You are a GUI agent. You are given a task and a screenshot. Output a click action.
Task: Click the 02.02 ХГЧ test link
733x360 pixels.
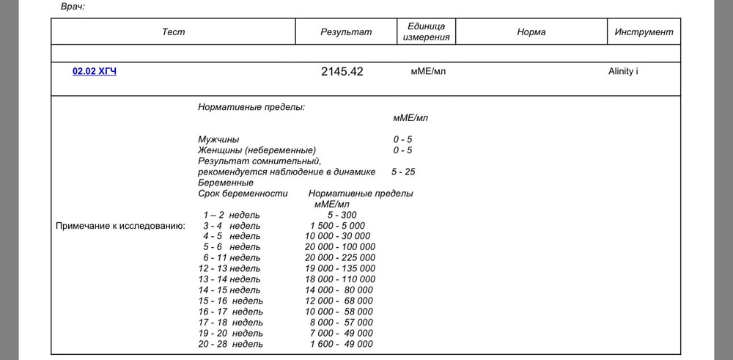pos(94,72)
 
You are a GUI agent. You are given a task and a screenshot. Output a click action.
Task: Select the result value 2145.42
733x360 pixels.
pos(342,72)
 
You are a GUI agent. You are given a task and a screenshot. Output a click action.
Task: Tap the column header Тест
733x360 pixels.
pos(174,32)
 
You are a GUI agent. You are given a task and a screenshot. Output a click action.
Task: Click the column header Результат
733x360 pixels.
pos(346,32)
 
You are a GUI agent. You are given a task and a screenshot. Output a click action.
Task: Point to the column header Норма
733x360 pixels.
pos(531,32)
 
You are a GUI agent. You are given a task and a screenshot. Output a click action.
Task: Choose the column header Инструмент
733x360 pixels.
pos(644,32)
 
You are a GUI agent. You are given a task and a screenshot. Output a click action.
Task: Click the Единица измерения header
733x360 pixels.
pos(427,32)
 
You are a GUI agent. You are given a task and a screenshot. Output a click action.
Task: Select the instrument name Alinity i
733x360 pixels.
pos(622,72)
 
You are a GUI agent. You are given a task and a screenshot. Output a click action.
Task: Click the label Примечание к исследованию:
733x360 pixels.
pos(120,226)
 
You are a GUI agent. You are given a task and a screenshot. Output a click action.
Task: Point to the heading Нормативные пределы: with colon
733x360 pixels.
pos(251,107)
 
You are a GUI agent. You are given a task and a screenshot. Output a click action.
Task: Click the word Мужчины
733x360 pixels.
pos(218,139)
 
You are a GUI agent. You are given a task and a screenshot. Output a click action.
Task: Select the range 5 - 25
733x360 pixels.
pos(402,172)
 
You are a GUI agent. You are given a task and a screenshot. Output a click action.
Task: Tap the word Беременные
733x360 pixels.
pos(226,183)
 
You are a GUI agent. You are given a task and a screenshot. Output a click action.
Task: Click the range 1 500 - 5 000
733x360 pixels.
pos(337,226)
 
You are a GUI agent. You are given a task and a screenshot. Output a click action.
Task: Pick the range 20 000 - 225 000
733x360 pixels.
pos(339,258)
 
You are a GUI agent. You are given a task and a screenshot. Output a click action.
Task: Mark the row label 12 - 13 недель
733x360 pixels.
pos(229,268)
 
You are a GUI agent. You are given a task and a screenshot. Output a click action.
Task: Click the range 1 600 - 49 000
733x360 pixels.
pos(339,344)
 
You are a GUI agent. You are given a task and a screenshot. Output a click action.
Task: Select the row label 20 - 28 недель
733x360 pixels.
pos(230,344)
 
